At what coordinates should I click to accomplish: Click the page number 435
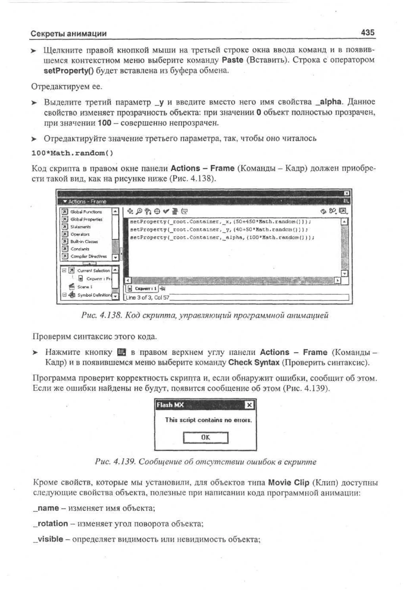[368, 33]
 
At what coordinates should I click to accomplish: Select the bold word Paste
[232, 60]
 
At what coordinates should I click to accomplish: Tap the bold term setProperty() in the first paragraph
[69, 71]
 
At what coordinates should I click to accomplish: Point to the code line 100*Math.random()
[72, 153]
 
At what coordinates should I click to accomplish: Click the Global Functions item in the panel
[86, 212]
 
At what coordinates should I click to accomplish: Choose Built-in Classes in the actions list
[84, 241]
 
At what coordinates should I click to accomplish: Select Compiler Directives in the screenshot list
[88, 256]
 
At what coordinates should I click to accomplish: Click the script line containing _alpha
[222, 238]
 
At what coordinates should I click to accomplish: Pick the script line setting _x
[220, 222]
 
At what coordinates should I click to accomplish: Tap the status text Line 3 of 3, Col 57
[147, 298]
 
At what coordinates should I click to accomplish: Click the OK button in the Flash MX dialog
[206, 437]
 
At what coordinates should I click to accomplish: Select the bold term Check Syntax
[254, 362]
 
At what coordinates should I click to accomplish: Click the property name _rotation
[51, 523]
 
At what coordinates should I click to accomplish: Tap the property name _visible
[48, 539]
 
